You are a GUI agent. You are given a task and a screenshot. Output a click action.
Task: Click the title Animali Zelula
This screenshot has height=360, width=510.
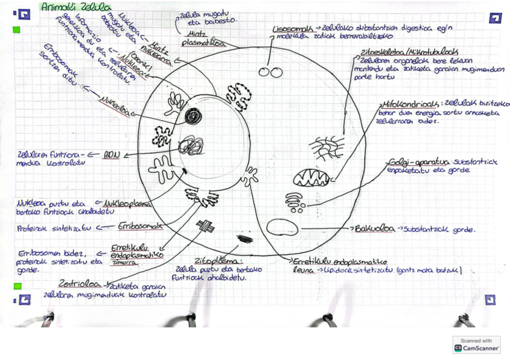[76, 7]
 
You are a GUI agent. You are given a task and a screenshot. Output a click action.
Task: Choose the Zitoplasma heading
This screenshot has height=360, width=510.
[217, 262]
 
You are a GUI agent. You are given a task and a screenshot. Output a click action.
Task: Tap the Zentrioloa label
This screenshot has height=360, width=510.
[82, 284]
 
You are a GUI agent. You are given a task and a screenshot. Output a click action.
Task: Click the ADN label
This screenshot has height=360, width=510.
[111, 154]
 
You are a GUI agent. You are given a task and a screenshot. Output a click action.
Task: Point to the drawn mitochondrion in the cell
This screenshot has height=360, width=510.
[311, 178]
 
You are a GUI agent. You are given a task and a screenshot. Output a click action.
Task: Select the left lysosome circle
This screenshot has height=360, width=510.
[263, 73]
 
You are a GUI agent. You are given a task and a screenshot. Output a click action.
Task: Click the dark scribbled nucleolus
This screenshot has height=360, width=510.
[193, 116]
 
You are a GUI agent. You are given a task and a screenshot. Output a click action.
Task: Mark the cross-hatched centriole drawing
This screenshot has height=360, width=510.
[204, 226]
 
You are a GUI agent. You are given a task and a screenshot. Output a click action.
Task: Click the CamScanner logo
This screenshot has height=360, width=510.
[476, 345]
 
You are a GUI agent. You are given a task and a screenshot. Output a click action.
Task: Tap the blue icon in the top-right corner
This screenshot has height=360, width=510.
[495, 18]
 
